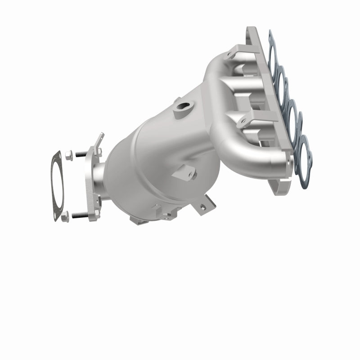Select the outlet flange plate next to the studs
[94, 180]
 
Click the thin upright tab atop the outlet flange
[99, 139]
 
